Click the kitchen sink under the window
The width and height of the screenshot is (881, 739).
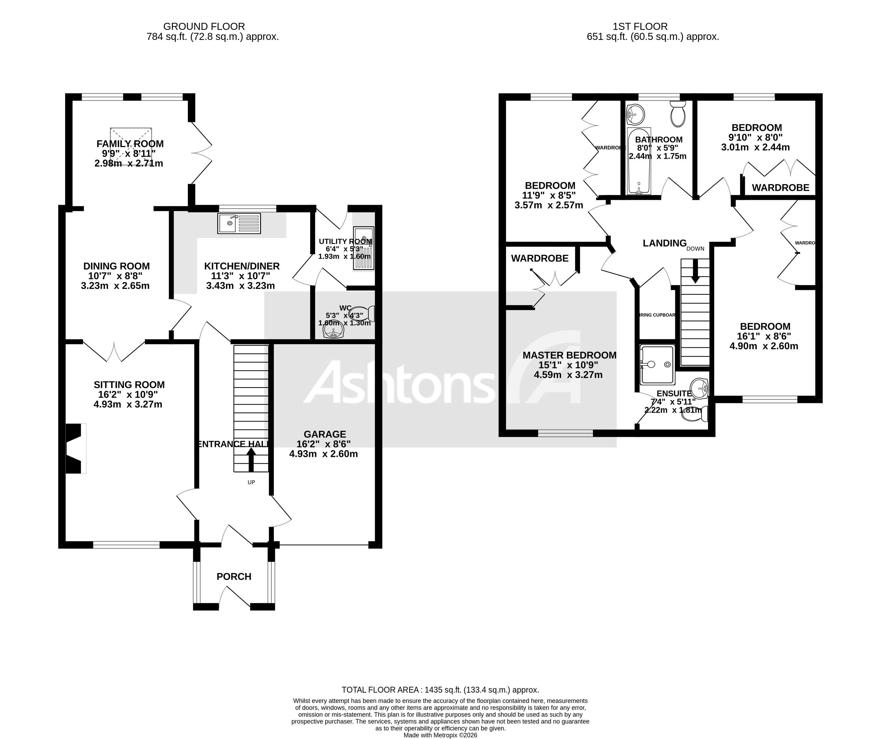[x=239, y=223]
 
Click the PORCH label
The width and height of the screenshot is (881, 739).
[x=234, y=577]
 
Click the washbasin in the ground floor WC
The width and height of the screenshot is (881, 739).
[x=334, y=332]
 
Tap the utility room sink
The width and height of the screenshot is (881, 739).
[x=363, y=249]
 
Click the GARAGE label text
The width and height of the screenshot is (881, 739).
[x=325, y=434]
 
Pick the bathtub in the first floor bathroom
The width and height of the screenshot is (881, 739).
[x=639, y=161]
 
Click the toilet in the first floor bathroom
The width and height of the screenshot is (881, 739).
[x=678, y=114]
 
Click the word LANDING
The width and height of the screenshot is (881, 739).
[x=664, y=243]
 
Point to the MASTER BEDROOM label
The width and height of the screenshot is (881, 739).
[x=569, y=355]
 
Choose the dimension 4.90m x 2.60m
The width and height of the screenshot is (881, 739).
[x=763, y=346]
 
